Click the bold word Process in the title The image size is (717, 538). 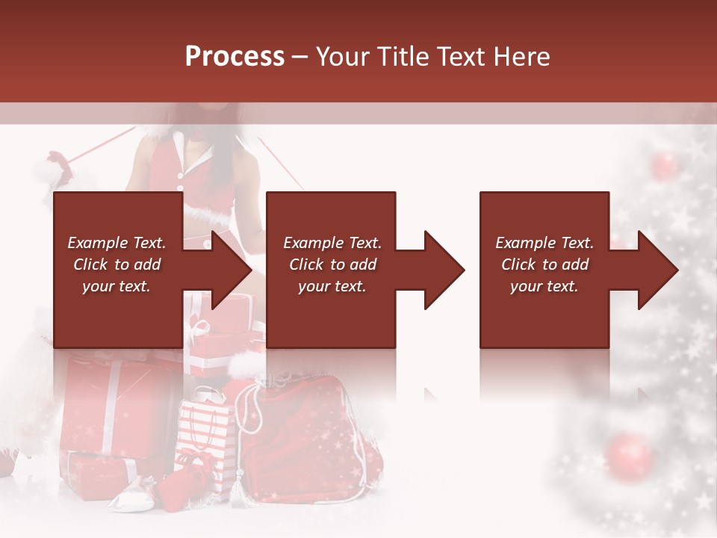pos(235,57)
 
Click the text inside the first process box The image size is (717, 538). pos(117,265)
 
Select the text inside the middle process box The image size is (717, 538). pos(332,265)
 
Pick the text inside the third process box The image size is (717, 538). pos(544,265)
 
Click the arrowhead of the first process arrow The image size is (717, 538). pos(232,270)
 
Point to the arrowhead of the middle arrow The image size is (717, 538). pos(445,270)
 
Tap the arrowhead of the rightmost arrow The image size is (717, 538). pos(659,270)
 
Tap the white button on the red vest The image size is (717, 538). pos(179,176)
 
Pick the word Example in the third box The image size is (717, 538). pos(524,243)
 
